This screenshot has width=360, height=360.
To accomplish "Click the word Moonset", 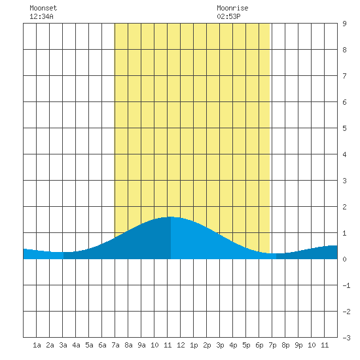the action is [x=43, y=8].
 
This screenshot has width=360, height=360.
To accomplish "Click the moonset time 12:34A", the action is [x=41, y=16].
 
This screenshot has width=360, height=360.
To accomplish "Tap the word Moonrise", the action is [x=232, y=8].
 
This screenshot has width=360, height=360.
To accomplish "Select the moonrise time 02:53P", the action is [x=228, y=16].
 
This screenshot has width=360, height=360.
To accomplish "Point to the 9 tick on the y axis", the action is [x=344, y=24].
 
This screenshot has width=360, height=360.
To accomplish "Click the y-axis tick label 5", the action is [x=344, y=128].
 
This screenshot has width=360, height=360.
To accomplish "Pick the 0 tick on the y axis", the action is [x=344, y=259].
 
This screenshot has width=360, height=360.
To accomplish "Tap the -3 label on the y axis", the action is [x=346, y=338].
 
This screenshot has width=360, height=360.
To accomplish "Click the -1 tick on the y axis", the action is [x=346, y=285].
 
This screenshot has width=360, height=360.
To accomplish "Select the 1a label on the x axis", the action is [x=37, y=345].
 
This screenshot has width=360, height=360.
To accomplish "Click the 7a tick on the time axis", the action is [x=115, y=345].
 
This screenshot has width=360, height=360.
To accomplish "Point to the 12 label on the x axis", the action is [x=181, y=345].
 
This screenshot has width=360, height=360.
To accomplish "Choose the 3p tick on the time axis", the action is [x=220, y=345].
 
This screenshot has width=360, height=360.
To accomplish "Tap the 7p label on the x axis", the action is [x=272, y=345].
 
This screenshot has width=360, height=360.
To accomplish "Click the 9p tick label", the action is [x=298, y=345].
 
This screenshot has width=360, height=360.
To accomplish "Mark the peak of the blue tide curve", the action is [x=171, y=217].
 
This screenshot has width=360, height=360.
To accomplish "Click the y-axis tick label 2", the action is [x=344, y=207].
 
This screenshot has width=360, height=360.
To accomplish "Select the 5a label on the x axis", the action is [x=89, y=345].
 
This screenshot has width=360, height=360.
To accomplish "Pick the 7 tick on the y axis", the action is [x=344, y=76].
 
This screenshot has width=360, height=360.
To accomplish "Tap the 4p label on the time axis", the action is [x=233, y=345].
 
